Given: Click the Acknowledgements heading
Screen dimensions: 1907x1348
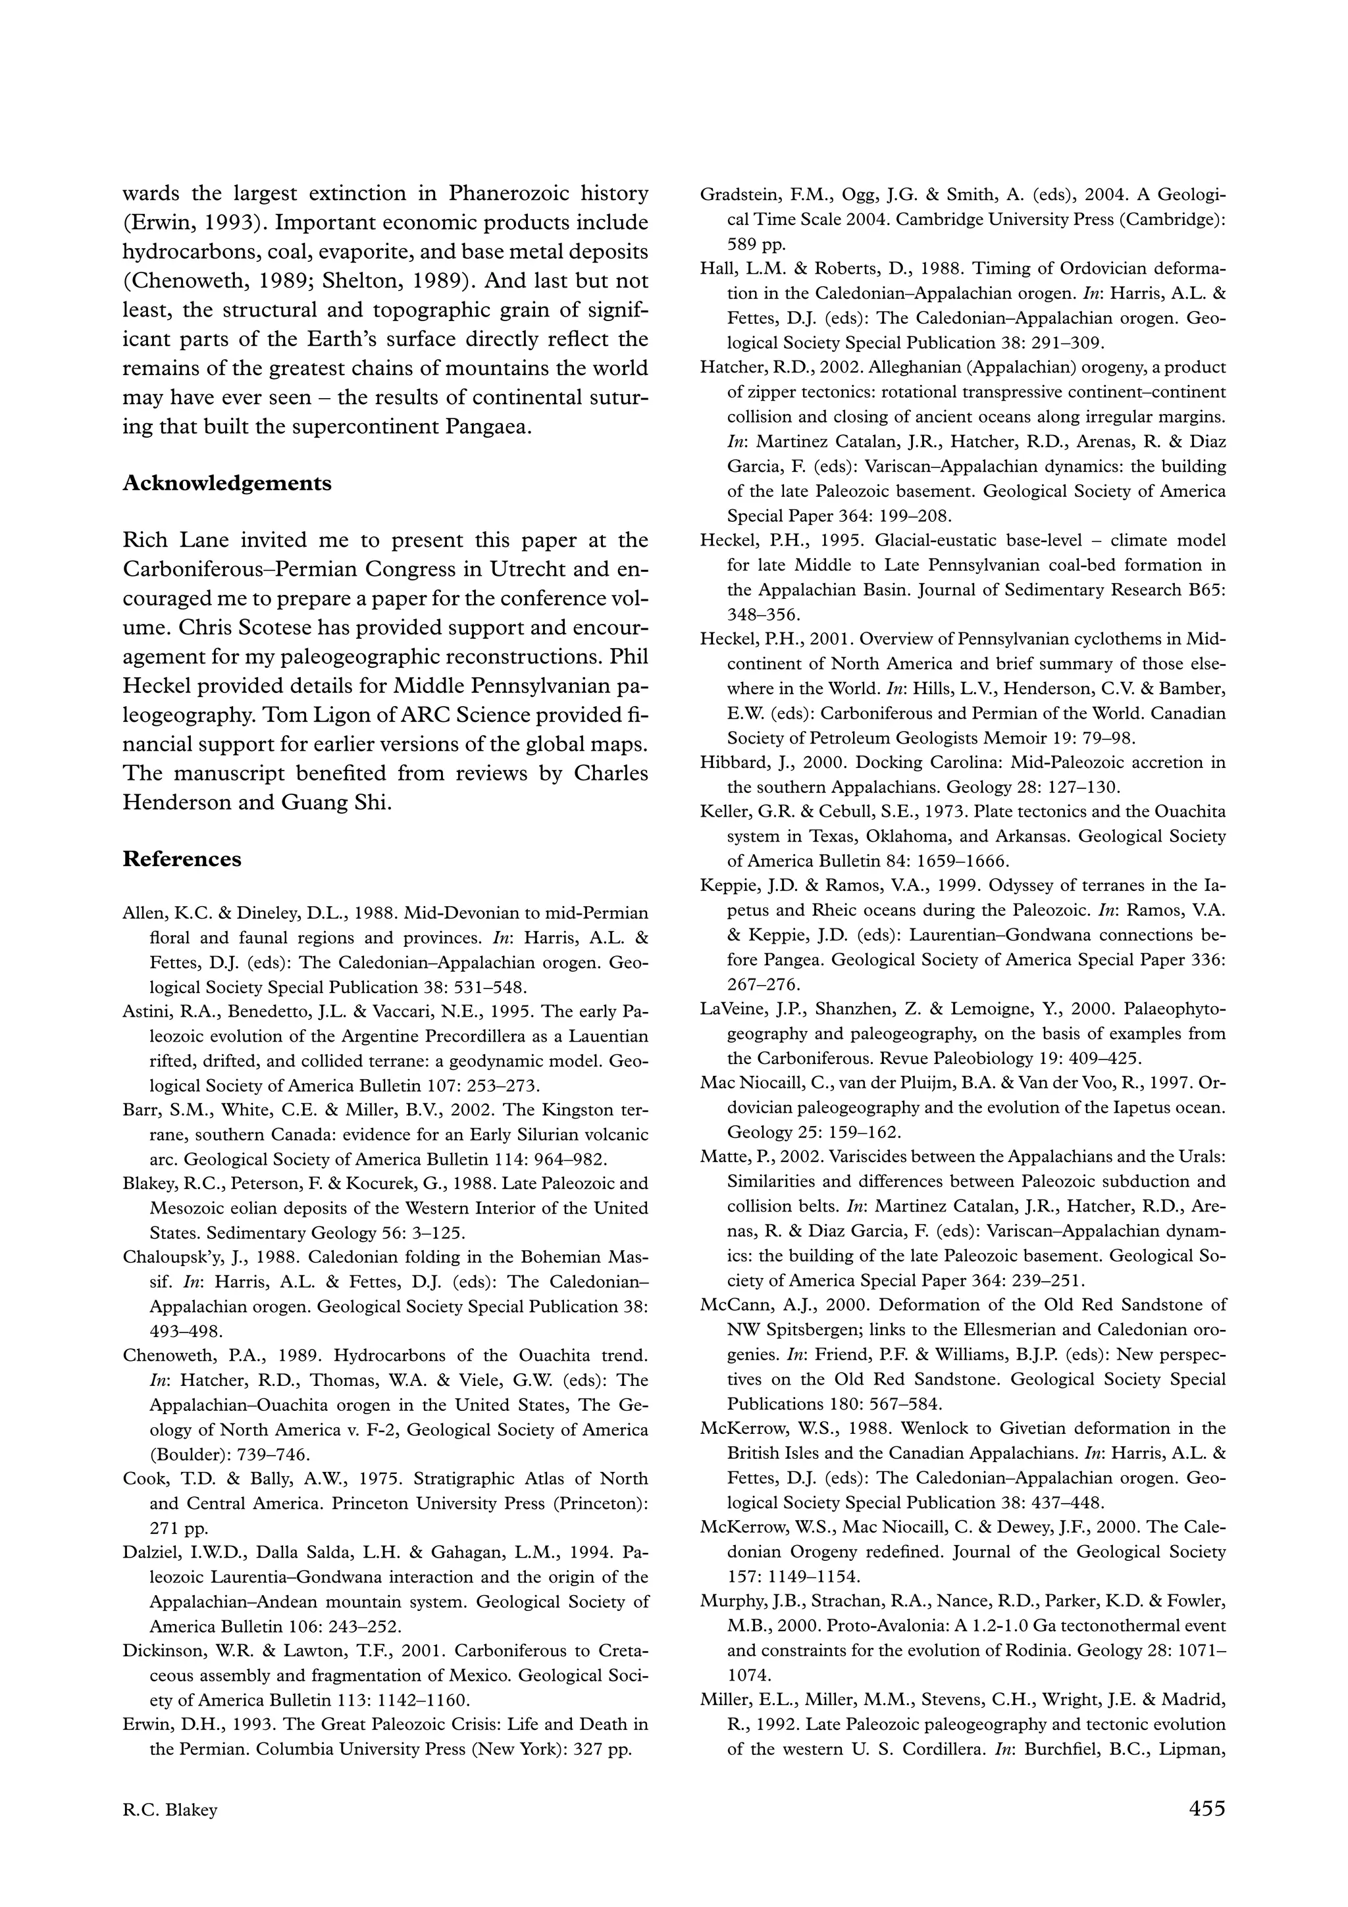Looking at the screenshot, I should coord(226,484).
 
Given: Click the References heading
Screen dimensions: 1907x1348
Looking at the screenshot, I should coord(182,859).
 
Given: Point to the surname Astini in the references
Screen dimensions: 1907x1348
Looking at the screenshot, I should coord(145,1011).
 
